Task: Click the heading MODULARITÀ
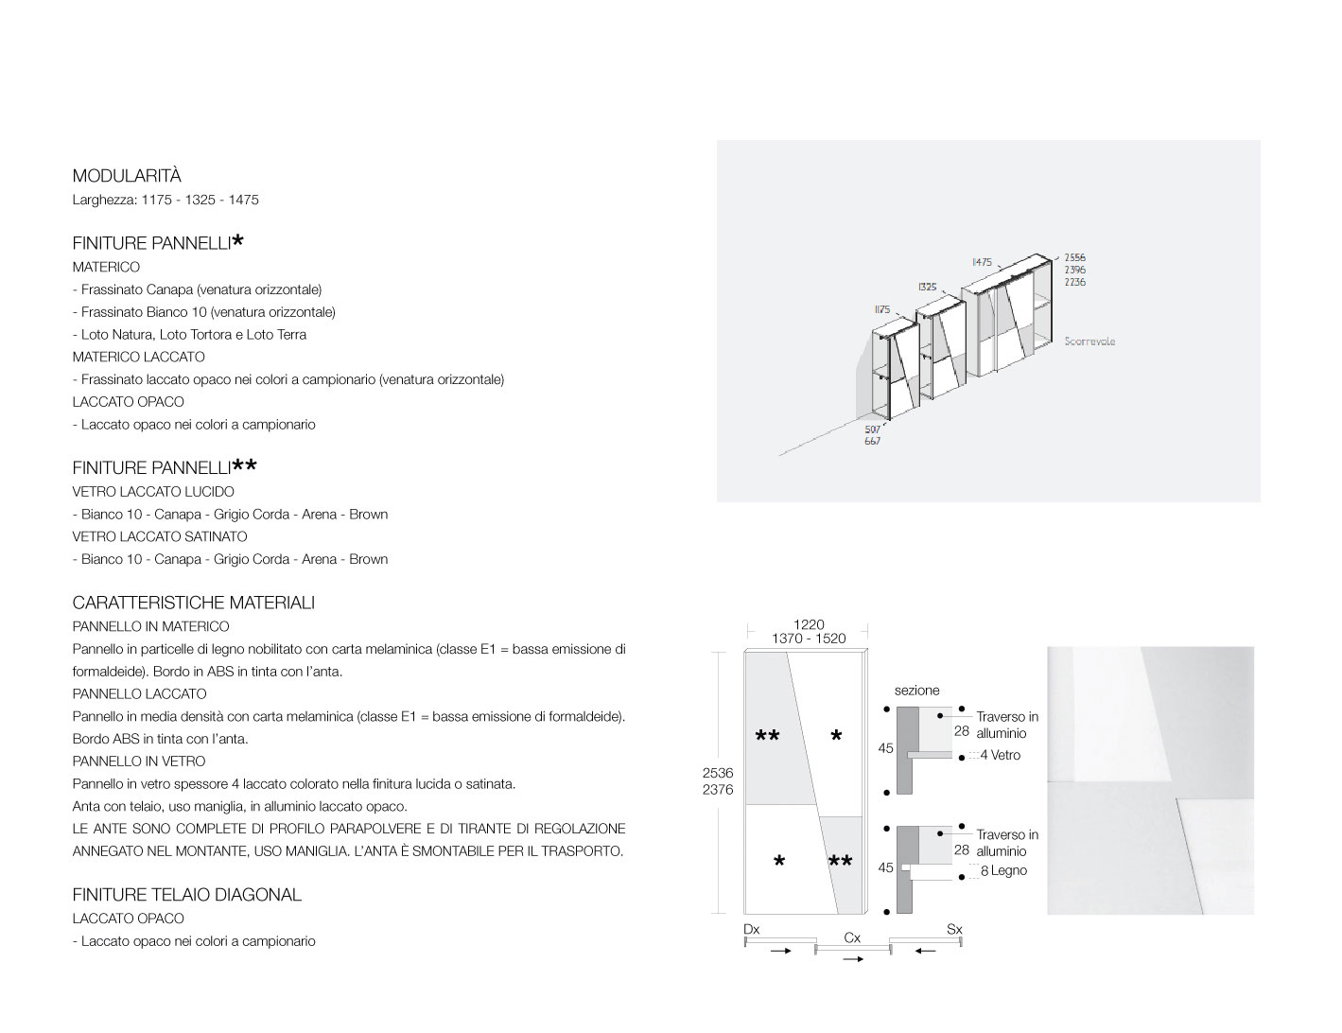pos(127,176)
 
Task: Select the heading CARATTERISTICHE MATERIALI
pos(194,603)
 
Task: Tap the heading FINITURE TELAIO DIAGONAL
pos(187,895)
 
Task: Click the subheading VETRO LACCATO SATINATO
pos(160,536)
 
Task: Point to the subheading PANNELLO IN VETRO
pos(139,762)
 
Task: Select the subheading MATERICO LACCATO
pos(139,357)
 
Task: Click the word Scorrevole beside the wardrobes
pos(1089,341)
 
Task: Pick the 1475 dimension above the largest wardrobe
pos(982,262)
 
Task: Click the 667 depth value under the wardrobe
pos(872,442)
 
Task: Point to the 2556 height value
pos(1074,257)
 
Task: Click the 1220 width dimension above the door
pos(809,624)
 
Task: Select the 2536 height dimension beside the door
pos(718,773)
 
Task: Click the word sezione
pos(916,691)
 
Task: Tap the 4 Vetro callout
pos(1000,755)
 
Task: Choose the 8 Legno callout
pos(1003,870)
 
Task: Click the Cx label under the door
pos(852,937)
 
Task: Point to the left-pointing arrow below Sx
pos(926,951)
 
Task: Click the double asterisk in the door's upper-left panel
pos(768,736)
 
